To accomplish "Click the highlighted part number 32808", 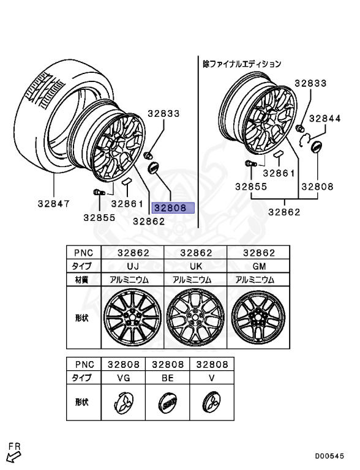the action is tap(173, 207).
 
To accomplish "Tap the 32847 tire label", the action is tap(54, 204).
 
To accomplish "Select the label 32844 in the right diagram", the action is tap(325, 119).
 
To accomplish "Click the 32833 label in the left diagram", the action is tap(163, 114).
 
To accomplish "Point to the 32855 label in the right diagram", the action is tap(251, 187).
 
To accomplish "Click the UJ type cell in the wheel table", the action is tap(133, 266).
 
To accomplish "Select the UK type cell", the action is tap(195, 266).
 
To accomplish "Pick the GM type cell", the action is tap(258, 266).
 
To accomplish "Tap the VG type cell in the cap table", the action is tap(123, 378).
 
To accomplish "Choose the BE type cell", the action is tap(167, 378).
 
